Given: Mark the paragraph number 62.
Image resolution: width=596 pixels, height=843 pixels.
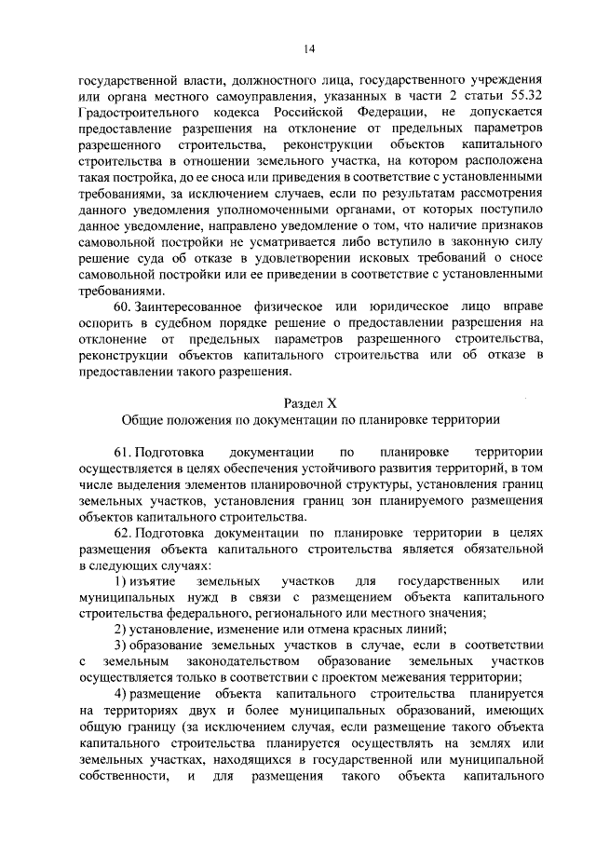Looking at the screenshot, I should [x=124, y=532].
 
